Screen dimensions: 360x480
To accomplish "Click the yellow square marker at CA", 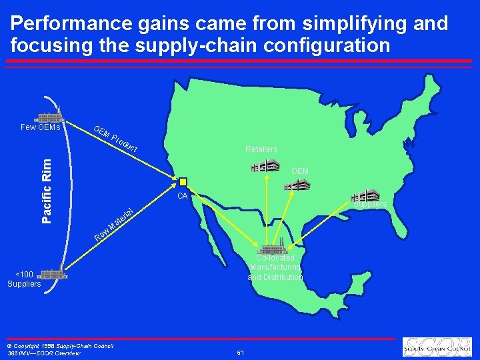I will coord(183,182).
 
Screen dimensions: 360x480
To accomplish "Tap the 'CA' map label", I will coord(182,196).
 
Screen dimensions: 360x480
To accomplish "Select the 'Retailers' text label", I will coord(261,149).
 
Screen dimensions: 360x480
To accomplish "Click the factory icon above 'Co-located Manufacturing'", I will coord(273,249).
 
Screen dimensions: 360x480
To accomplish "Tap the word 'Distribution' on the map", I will coord(275,277).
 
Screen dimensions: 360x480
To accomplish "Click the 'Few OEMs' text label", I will coord(40,127).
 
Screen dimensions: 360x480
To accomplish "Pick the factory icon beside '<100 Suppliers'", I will coord(52,273).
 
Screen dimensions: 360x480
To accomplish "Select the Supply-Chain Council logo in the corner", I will coord(437,347).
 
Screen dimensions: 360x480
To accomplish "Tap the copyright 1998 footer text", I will coord(60,345).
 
